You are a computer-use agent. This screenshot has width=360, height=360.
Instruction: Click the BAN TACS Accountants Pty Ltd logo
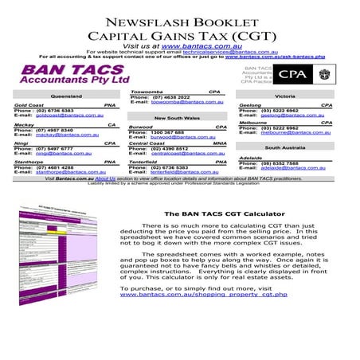76,76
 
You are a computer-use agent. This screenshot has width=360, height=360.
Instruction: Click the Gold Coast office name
29,104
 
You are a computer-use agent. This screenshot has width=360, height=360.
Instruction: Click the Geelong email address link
291,115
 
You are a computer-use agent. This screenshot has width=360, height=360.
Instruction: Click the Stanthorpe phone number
56,167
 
